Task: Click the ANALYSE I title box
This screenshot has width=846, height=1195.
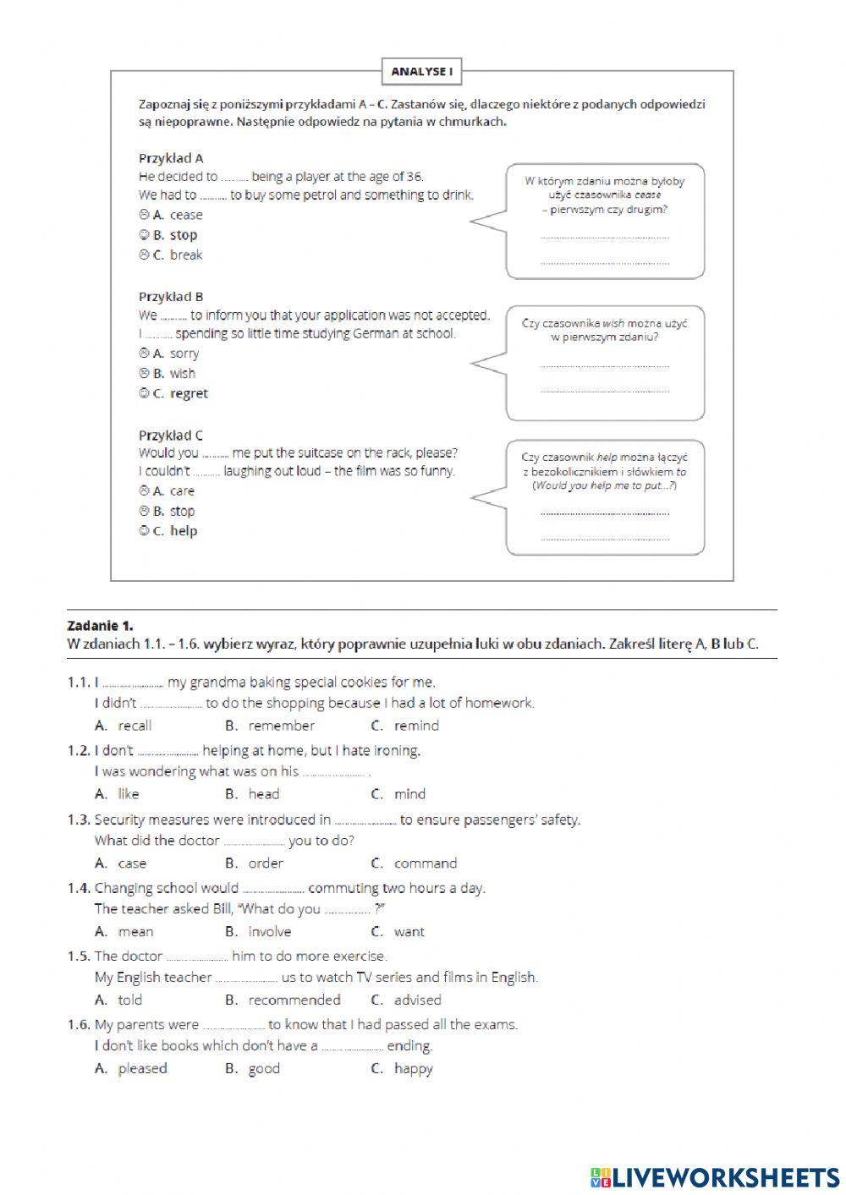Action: tap(421, 72)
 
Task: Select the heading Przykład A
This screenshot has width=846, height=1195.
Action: tap(171, 158)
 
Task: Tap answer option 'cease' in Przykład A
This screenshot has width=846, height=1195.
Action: tap(185, 215)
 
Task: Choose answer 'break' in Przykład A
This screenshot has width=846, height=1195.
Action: tap(185, 255)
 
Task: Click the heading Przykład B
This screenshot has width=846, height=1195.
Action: tap(171, 297)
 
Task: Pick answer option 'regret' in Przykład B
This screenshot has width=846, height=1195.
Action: tap(188, 393)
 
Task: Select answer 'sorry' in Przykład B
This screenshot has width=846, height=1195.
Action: tap(184, 354)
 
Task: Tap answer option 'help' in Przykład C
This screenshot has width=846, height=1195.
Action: tap(183, 531)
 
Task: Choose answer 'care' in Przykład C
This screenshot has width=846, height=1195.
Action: tap(182, 491)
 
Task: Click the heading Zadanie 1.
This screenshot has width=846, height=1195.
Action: tap(100, 626)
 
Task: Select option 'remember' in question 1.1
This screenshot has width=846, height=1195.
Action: tap(281, 726)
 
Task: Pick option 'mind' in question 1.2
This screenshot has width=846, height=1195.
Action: tap(409, 794)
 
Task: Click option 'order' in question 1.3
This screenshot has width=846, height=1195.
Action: tap(266, 863)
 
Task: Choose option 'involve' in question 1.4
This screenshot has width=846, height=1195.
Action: tap(269, 932)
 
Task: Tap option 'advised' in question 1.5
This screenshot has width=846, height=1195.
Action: tap(417, 1000)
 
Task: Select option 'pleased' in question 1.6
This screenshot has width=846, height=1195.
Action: tap(142, 1068)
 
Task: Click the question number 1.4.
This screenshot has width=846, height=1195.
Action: tap(79, 888)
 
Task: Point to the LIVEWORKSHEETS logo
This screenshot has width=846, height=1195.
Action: tap(715, 1176)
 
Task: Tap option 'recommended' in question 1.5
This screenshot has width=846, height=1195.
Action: tap(294, 1000)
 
